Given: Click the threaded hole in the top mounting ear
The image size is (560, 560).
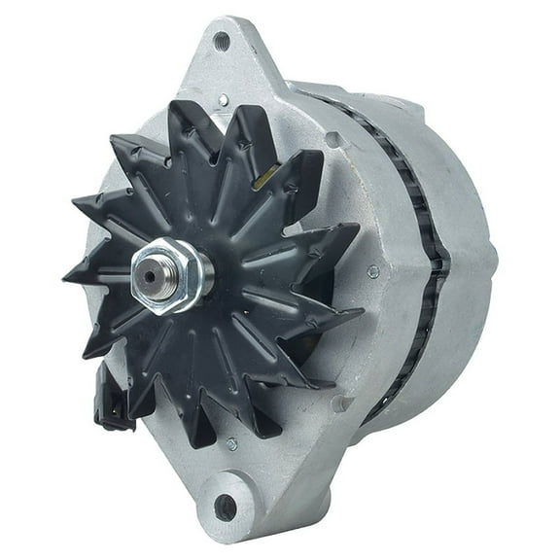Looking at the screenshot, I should click(x=222, y=41).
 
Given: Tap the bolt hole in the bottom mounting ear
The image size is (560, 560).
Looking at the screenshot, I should click(x=226, y=507).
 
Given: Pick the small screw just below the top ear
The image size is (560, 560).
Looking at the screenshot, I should click(x=224, y=99).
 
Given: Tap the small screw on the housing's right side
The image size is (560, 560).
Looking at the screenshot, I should click(x=372, y=272).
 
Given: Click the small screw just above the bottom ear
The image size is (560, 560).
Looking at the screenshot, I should click(x=231, y=444).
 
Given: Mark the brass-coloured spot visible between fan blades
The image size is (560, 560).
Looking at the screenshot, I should click(x=263, y=177).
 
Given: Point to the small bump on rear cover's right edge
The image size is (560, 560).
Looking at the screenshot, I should click(x=493, y=258).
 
